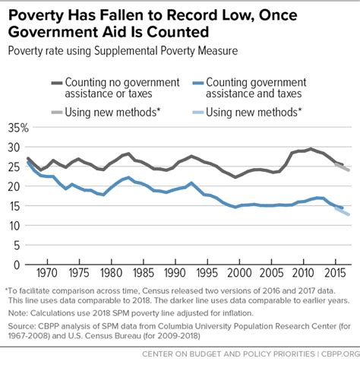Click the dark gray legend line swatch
pyautogui.click(x=55, y=83)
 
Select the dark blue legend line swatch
pyautogui.click(x=200, y=83)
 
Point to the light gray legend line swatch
pyautogui.click(x=55, y=113)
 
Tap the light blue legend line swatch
pyautogui.click(x=200, y=113)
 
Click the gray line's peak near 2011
pyautogui.click(x=310, y=149)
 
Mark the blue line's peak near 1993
pyautogui.click(x=191, y=183)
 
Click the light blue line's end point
pyautogui.click(x=349, y=214)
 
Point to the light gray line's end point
pyautogui.click(x=349, y=170)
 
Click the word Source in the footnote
pyautogui.click(x=21, y=325)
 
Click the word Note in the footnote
pyautogui.click(x=17, y=312)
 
